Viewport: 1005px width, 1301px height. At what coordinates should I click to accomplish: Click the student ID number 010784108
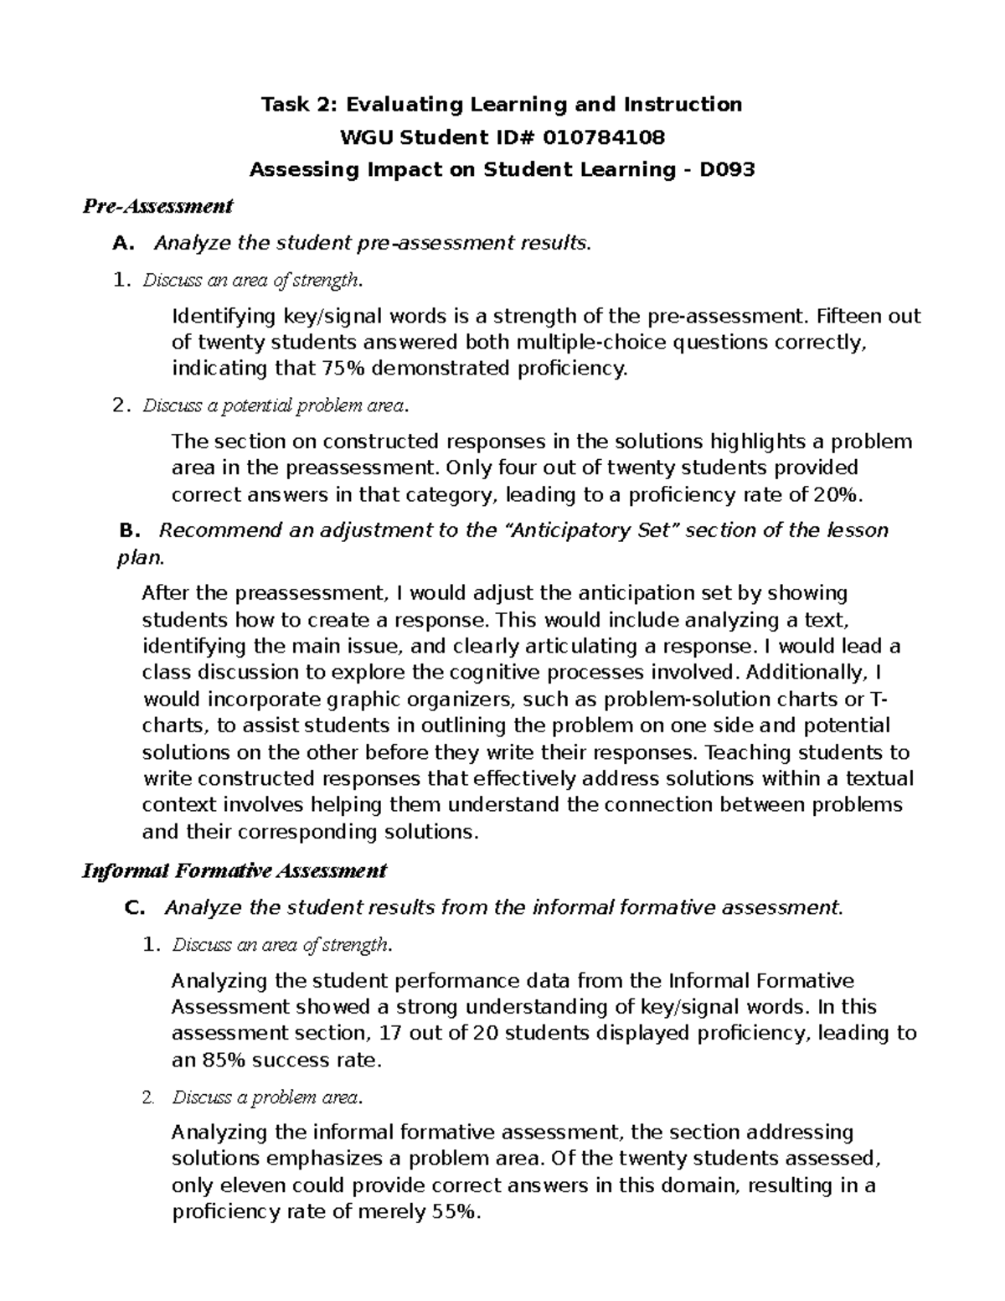pyautogui.click(x=604, y=137)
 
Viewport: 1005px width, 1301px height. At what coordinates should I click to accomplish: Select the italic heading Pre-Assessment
pyautogui.click(x=157, y=206)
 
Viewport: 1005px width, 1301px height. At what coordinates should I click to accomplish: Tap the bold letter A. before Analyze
pyautogui.click(x=122, y=244)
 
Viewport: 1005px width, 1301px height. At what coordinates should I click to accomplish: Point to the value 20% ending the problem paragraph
pyautogui.click(x=836, y=495)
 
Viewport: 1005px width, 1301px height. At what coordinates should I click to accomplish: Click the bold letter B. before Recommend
pyautogui.click(x=127, y=531)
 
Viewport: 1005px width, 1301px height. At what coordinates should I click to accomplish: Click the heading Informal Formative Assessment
pyautogui.click(x=234, y=871)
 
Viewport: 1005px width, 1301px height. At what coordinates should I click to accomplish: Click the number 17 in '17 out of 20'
pyautogui.click(x=391, y=1034)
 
